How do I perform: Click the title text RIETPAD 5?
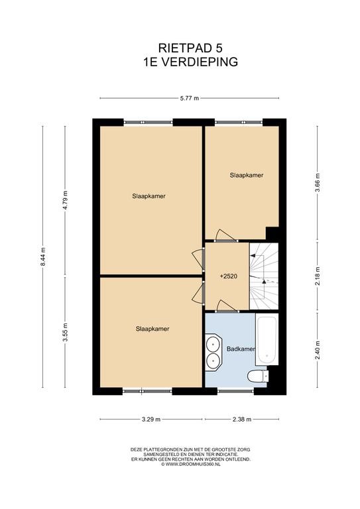point(190,48)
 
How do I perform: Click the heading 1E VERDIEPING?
point(190,62)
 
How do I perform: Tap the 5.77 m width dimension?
point(190,98)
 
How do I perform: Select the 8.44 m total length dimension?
point(43,256)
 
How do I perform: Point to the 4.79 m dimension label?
point(65,201)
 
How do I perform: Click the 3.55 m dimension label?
point(65,332)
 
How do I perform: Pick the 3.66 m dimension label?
point(318,183)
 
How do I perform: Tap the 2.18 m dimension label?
point(318,276)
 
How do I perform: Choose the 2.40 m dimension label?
point(318,350)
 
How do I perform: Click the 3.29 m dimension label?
point(151,419)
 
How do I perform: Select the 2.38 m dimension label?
point(242,419)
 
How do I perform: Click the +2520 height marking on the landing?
point(229,276)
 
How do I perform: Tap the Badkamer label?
point(241,349)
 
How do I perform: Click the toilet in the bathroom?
point(258,376)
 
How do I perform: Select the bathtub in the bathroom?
point(267,339)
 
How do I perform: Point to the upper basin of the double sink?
point(213,343)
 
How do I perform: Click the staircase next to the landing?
point(264,276)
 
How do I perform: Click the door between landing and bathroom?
point(227,306)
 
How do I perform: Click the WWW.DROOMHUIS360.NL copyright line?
point(190,464)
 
